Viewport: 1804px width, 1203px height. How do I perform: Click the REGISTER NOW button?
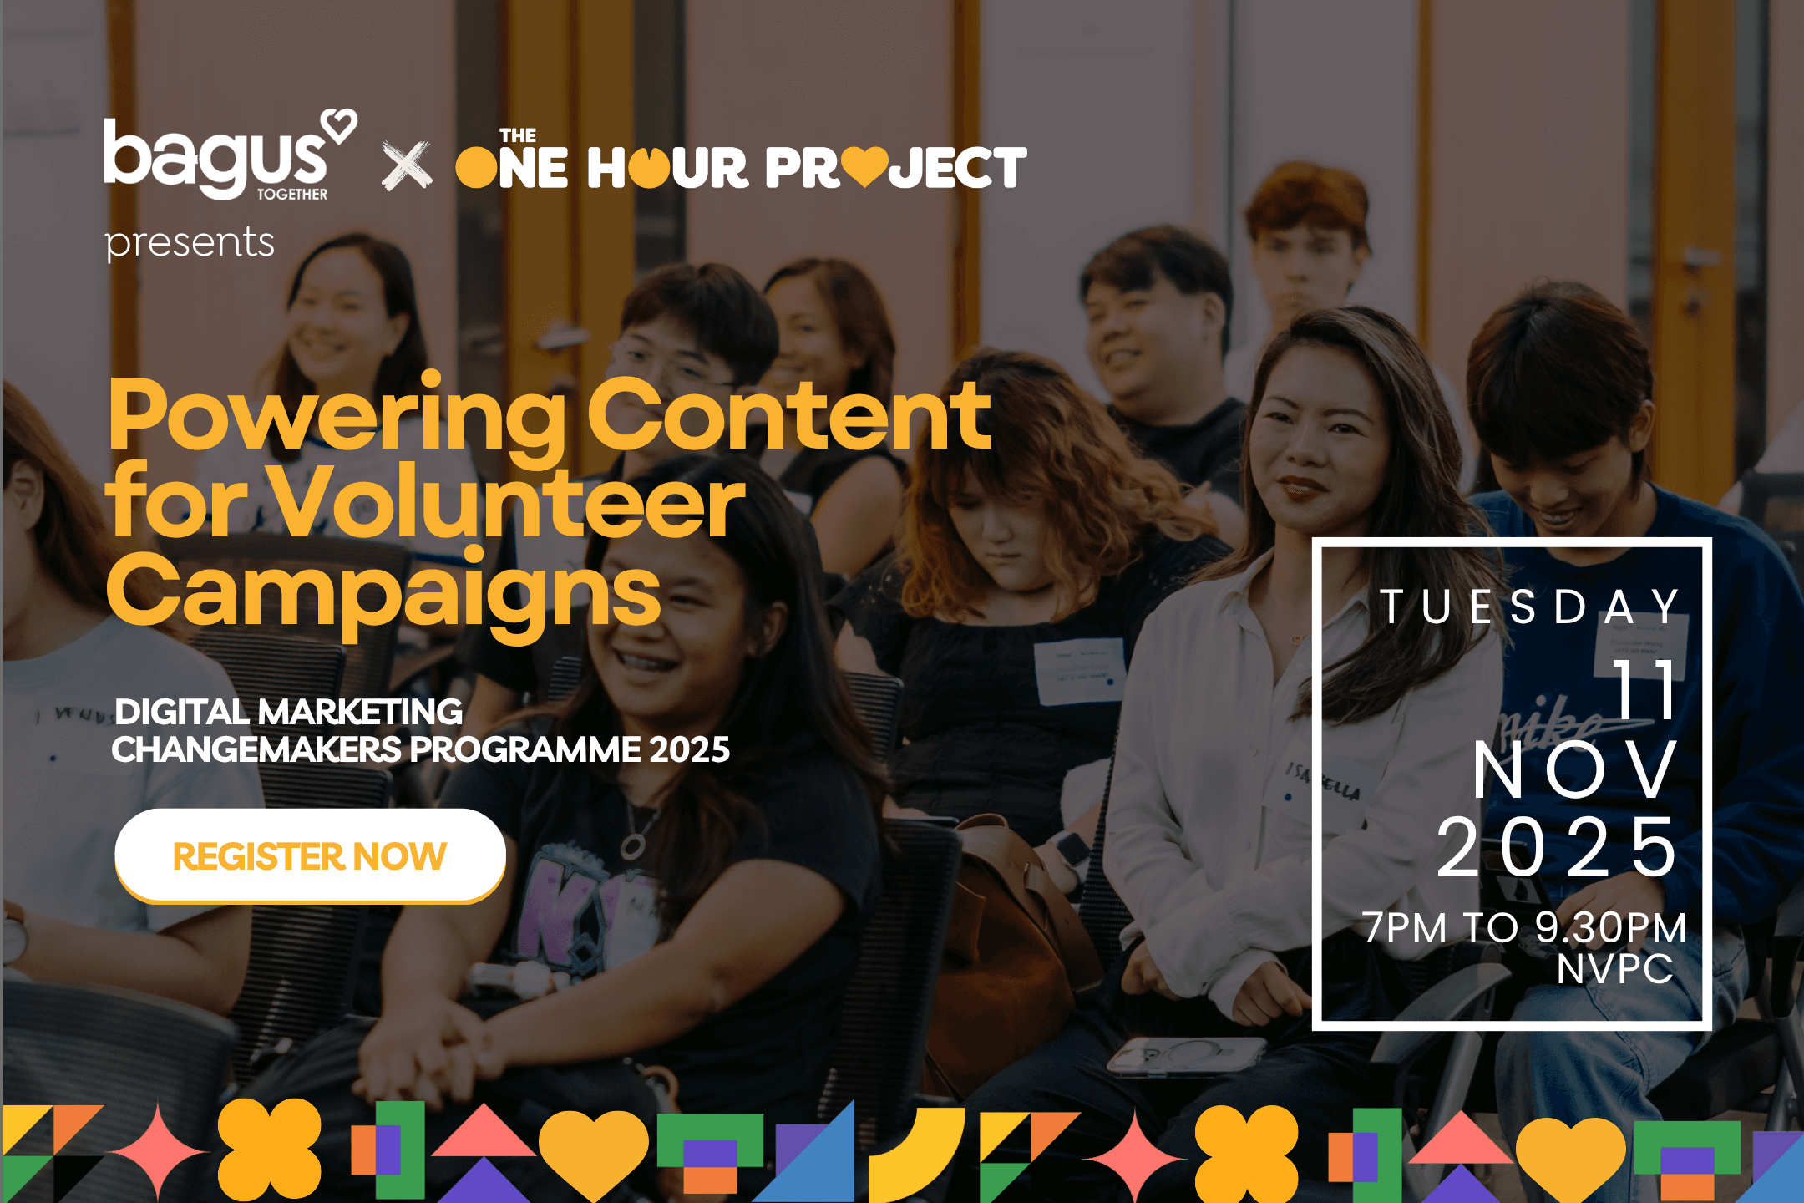[310, 855]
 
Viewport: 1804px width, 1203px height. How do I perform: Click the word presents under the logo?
[190, 243]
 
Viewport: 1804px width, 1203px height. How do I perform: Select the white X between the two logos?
[407, 165]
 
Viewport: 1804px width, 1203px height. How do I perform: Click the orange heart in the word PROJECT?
[864, 166]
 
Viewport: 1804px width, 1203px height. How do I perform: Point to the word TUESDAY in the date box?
[1529, 607]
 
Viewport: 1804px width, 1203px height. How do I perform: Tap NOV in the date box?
[1574, 769]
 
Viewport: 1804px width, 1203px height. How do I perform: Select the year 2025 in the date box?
[1556, 847]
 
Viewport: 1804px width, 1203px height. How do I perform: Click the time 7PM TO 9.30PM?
[1524, 927]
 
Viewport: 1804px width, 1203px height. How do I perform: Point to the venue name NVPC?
[1615, 969]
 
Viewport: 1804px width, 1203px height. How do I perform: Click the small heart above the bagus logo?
[341, 125]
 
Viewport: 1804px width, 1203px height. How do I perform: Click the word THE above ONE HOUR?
[518, 135]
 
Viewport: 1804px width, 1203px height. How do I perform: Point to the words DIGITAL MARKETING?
[289, 713]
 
